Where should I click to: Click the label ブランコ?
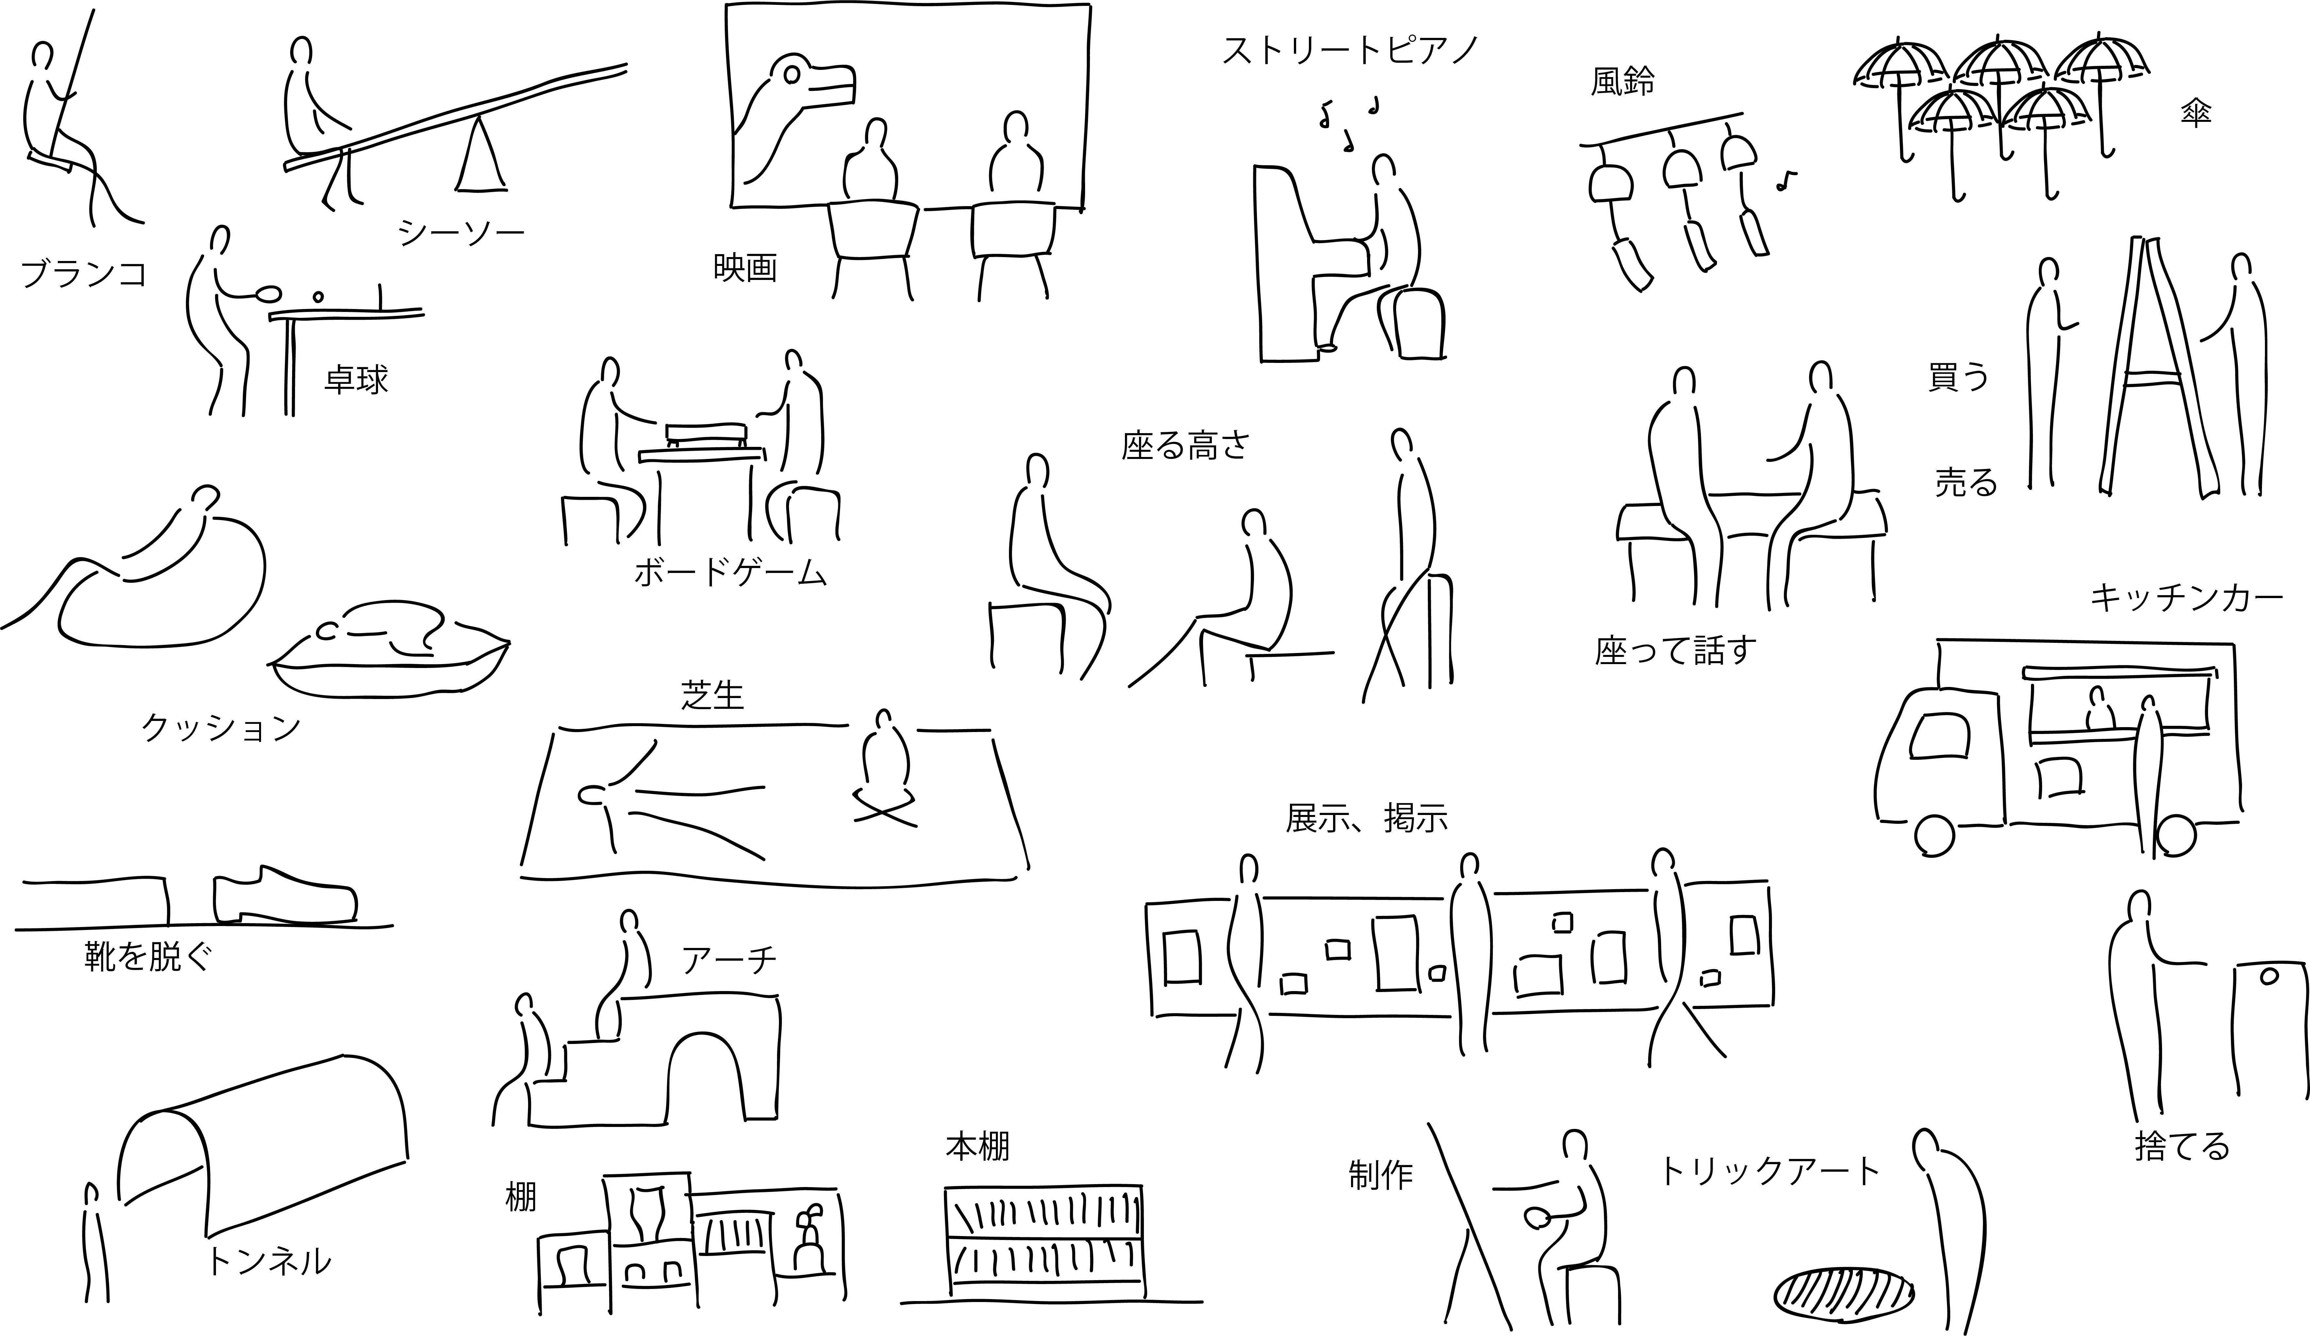point(83,273)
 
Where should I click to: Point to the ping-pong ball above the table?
point(318,297)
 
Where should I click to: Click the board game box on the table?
point(705,432)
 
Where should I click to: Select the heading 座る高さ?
point(1185,445)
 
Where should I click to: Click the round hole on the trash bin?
point(2269,977)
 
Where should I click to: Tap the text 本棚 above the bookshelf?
point(977,1146)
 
